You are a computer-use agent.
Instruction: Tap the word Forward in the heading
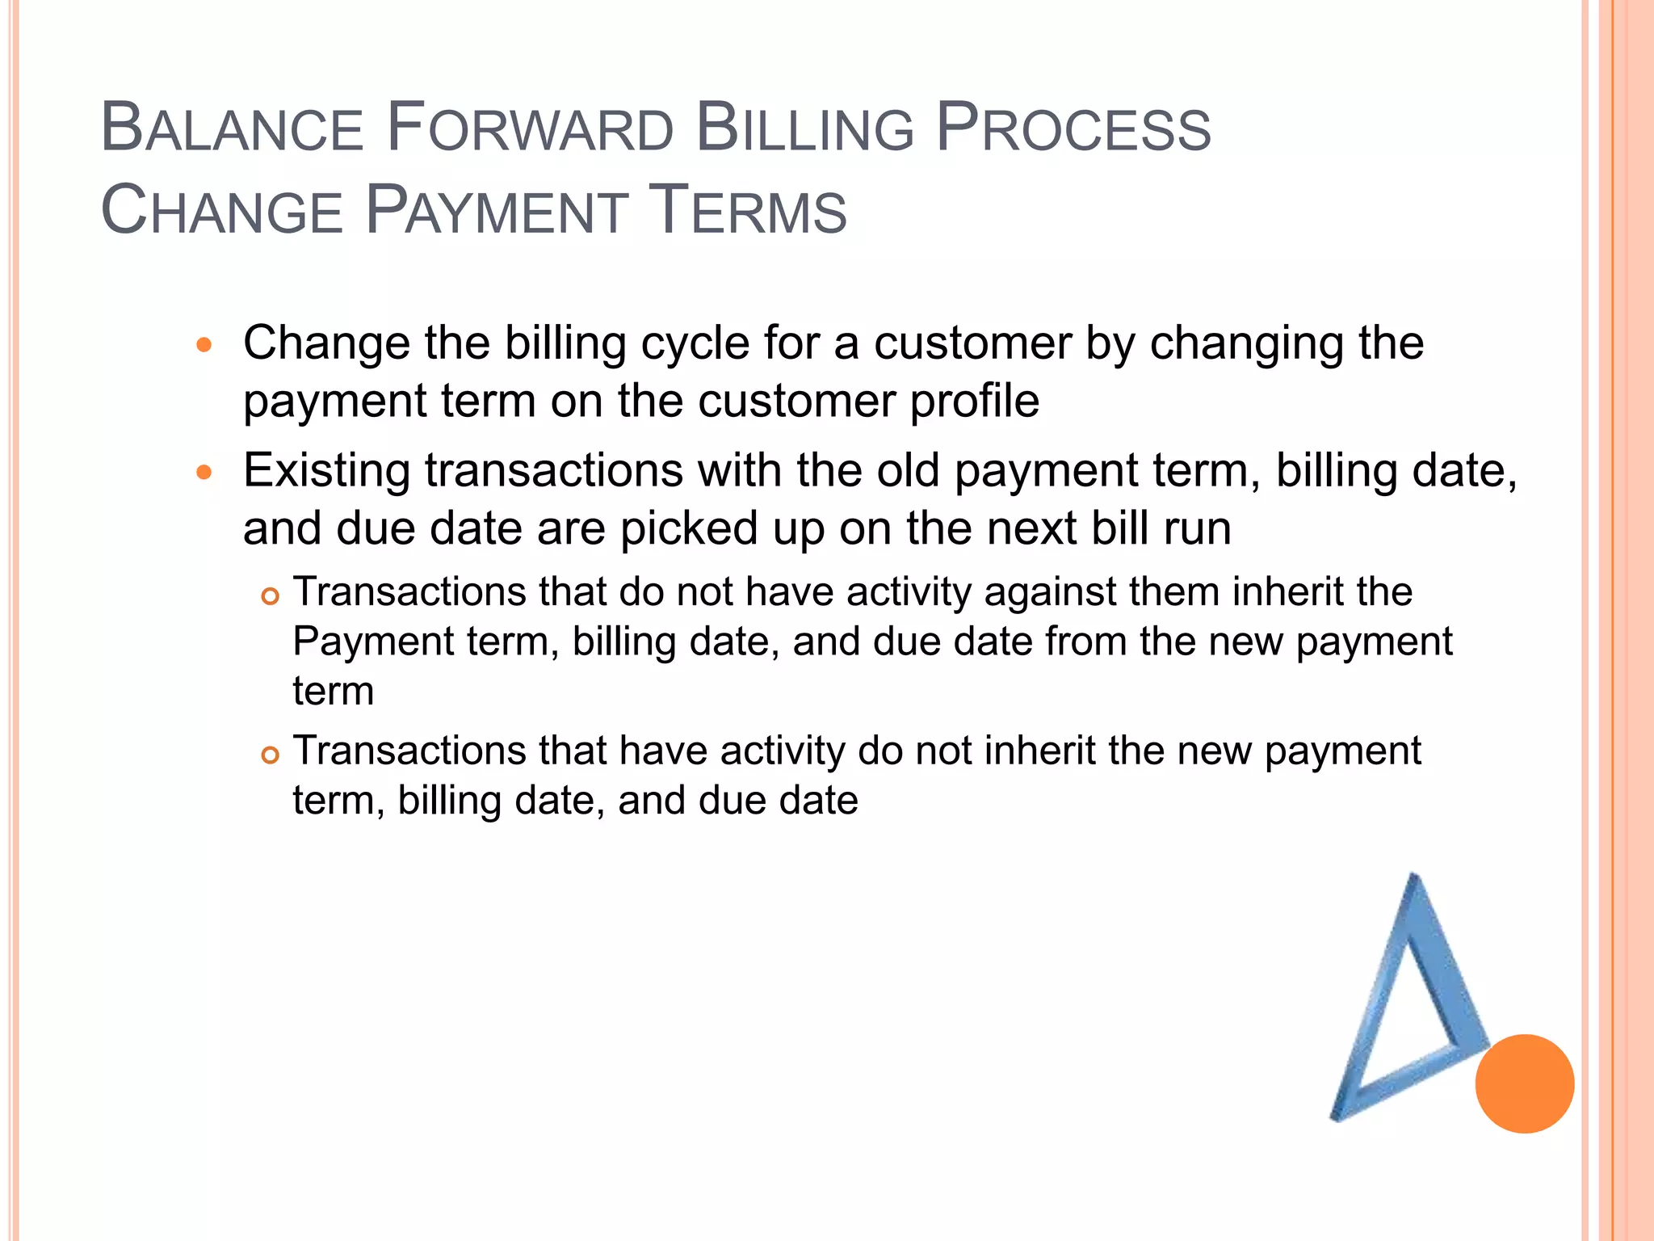pyautogui.click(x=530, y=129)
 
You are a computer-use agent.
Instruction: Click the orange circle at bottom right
pyautogui.click(x=1524, y=1083)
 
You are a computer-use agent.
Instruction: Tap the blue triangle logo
pyautogui.click(x=1405, y=1010)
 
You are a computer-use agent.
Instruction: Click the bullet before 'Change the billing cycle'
pyautogui.click(x=204, y=346)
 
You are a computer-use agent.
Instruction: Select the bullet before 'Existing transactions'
pyautogui.click(x=204, y=473)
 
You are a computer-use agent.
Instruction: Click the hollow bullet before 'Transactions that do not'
pyautogui.click(x=271, y=597)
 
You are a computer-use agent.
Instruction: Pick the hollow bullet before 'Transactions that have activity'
pyautogui.click(x=271, y=755)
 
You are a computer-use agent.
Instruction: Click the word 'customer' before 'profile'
pyautogui.click(x=796, y=402)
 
